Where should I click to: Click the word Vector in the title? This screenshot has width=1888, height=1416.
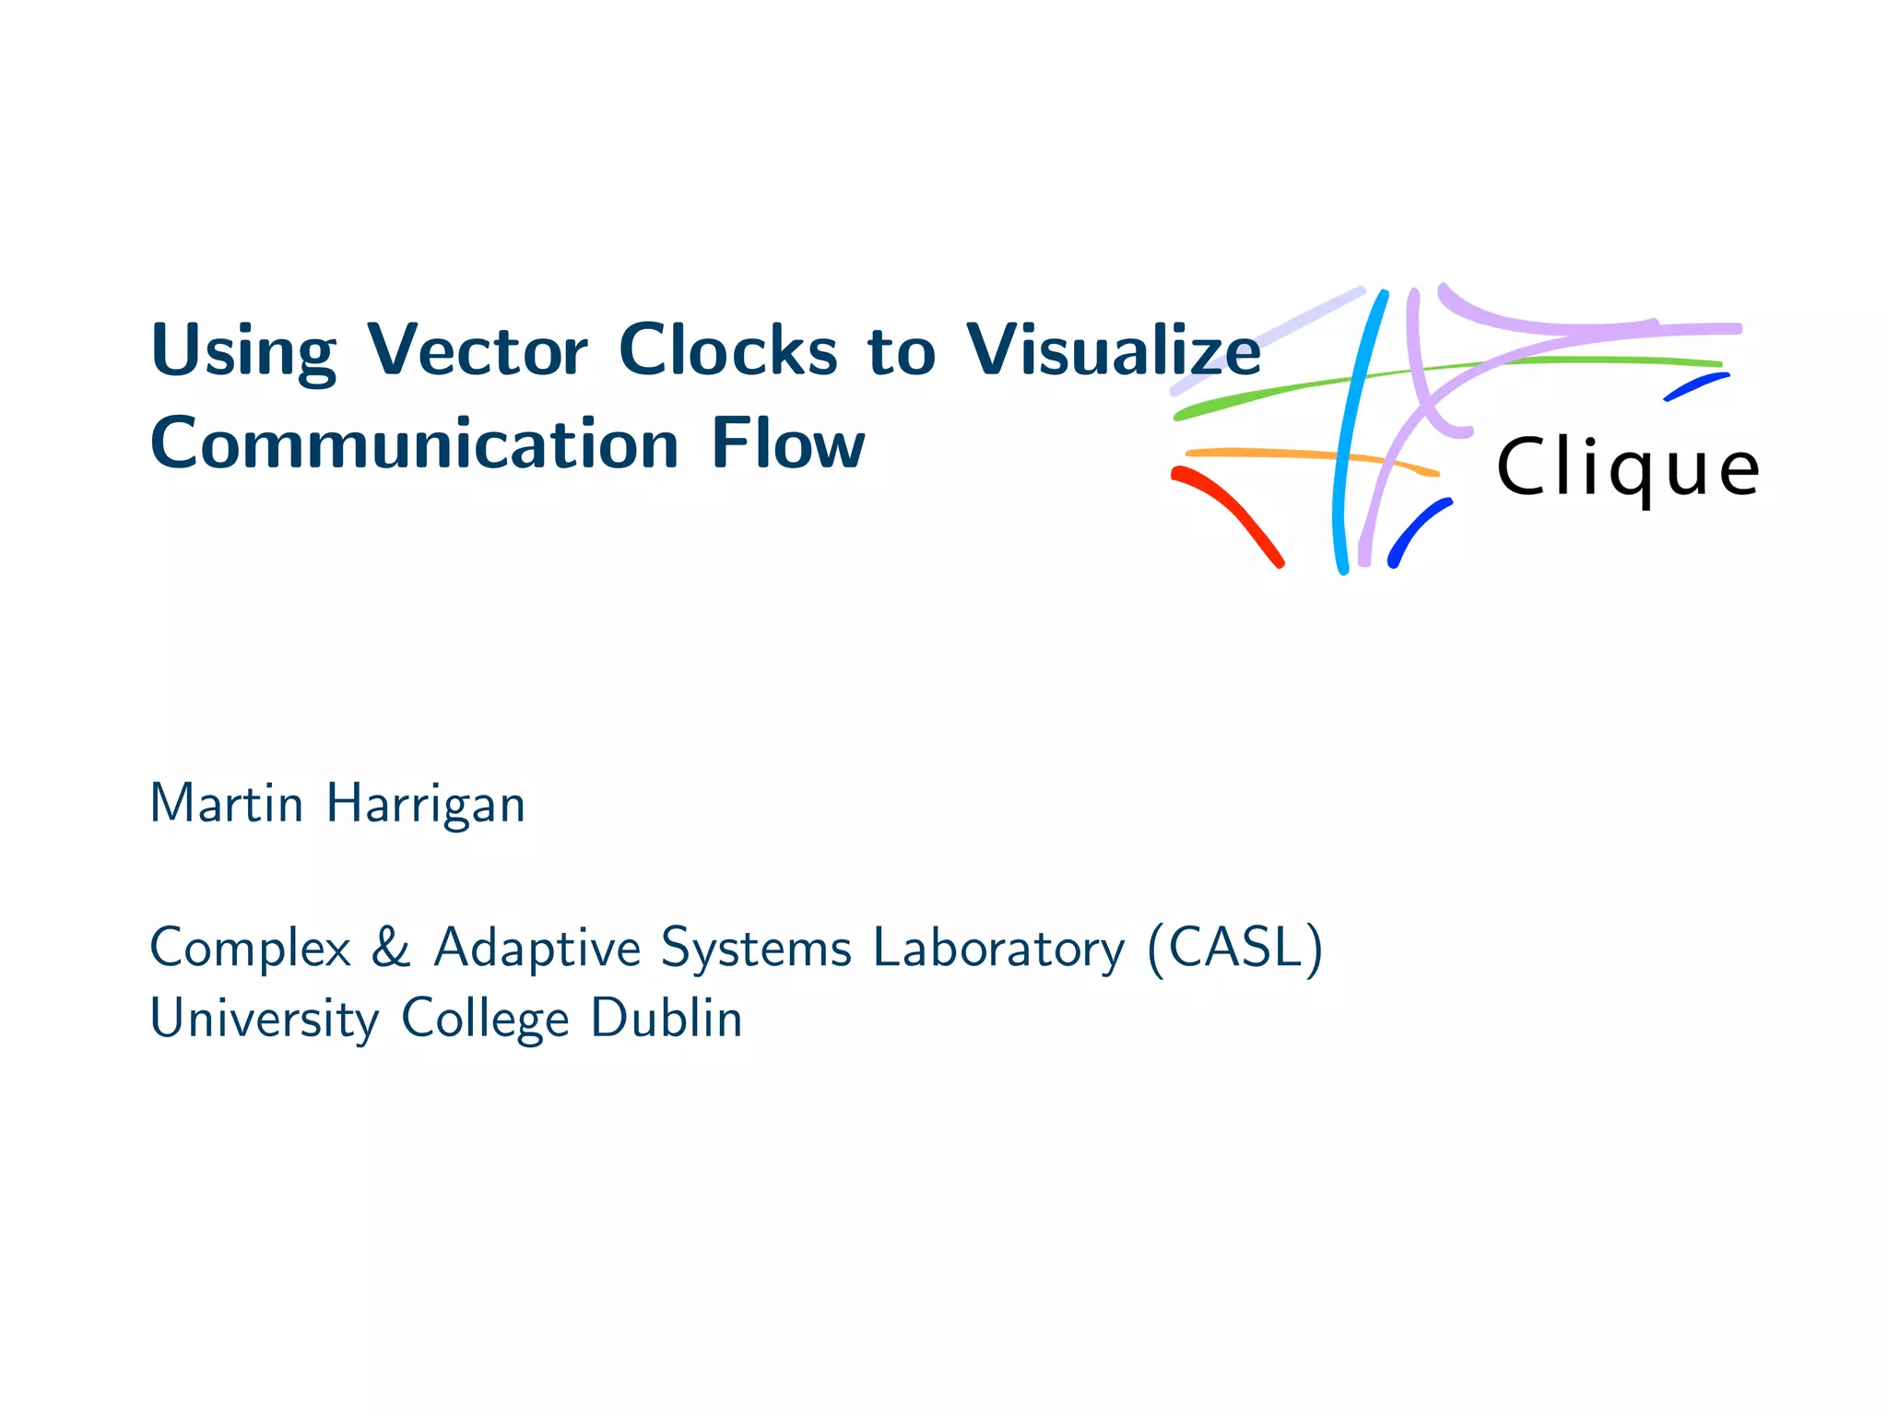pos(477,351)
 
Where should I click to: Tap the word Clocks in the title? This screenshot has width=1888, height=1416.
pos(727,351)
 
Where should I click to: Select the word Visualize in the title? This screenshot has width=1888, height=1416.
pos(1113,351)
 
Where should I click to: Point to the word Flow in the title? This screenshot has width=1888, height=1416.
pos(788,444)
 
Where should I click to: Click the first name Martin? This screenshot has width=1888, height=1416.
pos(226,804)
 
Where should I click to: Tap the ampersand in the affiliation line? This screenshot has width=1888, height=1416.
pos(391,948)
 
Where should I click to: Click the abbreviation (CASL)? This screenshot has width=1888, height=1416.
pos(1235,948)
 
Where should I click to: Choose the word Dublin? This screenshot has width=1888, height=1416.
pos(666,1019)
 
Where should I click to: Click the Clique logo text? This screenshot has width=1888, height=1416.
pos(1627,470)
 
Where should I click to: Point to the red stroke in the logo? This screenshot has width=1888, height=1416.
pos(1231,512)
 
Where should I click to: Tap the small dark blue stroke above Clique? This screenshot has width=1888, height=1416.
pos(1696,386)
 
